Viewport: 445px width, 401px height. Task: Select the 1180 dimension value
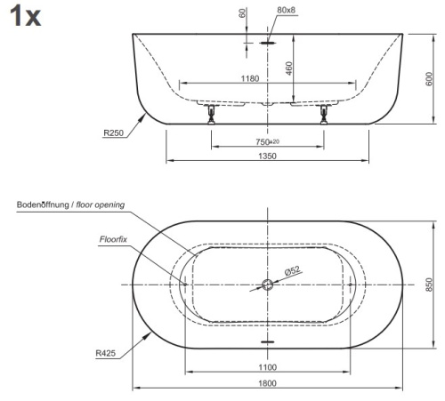click(x=250, y=78)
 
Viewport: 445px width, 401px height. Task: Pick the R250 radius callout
click(x=114, y=134)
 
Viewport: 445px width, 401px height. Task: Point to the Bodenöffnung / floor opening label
click(x=70, y=205)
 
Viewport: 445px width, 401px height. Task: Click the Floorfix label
click(x=114, y=239)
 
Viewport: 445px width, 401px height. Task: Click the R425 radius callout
click(x=107, y=352)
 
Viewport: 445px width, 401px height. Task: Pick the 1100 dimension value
click(x=266, y=367)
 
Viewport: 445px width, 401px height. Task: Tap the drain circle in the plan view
click(x=267, y=285)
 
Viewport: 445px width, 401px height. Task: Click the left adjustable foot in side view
click(x=211, y=113)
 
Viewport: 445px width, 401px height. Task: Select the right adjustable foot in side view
click(x=321, y=113)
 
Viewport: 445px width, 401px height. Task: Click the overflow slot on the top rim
click(x=267, y=36)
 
